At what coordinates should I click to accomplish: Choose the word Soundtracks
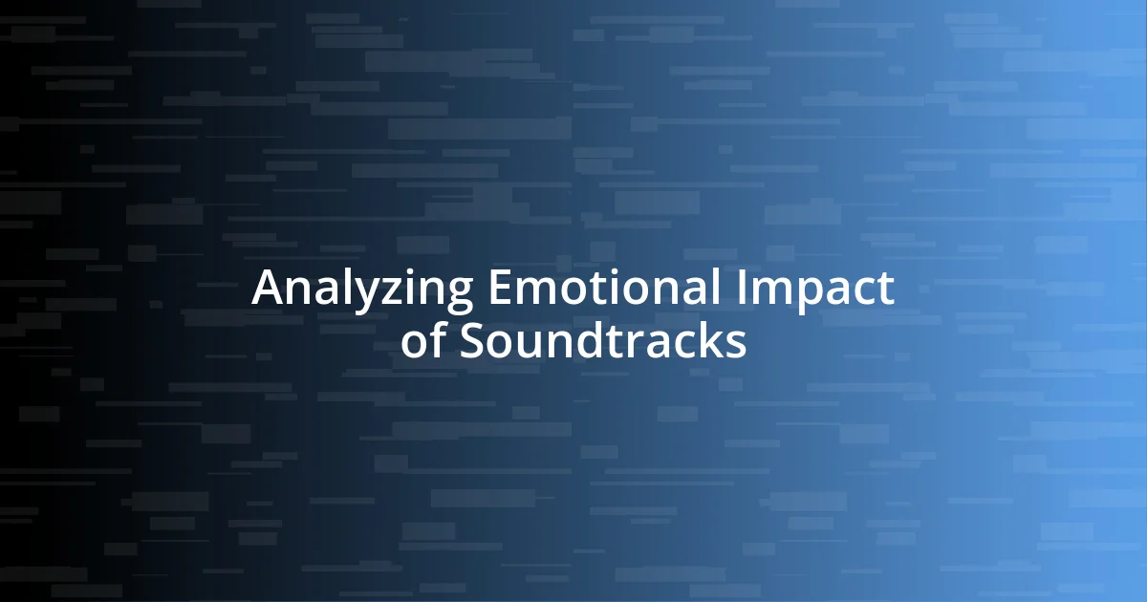(x=603, y=341)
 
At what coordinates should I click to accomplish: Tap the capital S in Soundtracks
(x=472, y=341)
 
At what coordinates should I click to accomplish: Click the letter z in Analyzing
(x=387, y=292)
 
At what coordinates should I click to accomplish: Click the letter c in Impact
(x=861, y=292)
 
